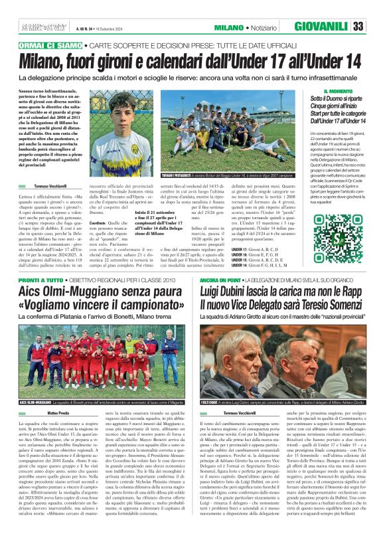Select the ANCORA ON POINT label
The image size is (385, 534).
(x=223, y=281)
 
